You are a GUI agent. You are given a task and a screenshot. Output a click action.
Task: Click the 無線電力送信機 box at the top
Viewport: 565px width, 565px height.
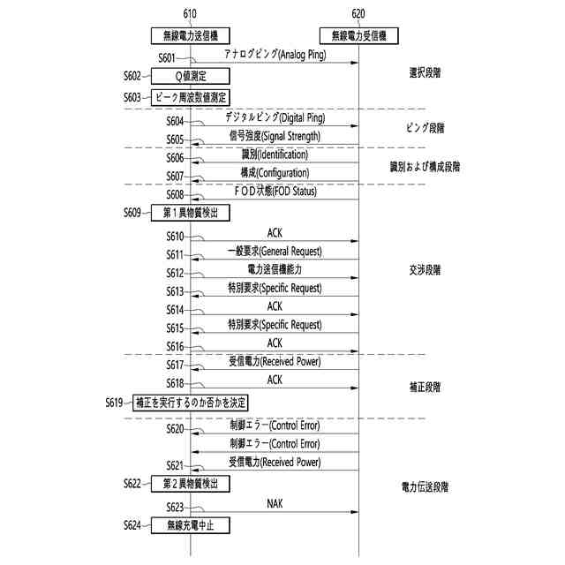coord(191,36)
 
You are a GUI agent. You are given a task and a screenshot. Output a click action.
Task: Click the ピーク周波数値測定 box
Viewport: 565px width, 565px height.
coord(190,97)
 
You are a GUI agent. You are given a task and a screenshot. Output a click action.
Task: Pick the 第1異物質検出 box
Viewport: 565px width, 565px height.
coord(191,213)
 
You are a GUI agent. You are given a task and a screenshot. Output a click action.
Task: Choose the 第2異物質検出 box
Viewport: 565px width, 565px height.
coord(191,483)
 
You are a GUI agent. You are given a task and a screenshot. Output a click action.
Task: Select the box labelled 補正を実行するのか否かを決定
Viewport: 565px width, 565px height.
coord(191,403)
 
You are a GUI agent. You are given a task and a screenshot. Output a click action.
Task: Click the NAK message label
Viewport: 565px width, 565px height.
coord(275,503)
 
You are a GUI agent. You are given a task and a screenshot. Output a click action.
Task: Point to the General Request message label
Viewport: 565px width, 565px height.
coord(275,252)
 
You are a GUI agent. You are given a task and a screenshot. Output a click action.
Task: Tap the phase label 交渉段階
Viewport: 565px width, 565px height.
coord(425,269)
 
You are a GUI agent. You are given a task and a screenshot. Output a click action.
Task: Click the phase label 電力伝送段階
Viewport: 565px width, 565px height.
coord(425,486)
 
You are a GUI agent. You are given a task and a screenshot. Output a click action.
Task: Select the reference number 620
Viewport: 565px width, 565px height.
coord(358,13)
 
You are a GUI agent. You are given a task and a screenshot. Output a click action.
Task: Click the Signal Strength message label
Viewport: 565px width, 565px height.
coord(275,136)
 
